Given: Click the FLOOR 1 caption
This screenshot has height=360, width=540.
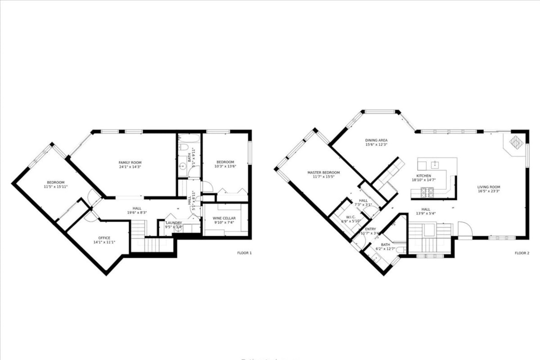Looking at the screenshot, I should pos(244,253).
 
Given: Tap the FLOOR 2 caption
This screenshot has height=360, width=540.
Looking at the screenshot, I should pos(522,253).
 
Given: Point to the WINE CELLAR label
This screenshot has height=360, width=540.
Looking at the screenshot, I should pos(224,218).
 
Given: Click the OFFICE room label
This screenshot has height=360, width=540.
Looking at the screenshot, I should pos(104,238).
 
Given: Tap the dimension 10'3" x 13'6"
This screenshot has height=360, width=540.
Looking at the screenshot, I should pos(225,166).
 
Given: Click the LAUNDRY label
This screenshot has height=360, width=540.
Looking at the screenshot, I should pos(174,223).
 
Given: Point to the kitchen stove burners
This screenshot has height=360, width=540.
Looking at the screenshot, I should pos(426,193).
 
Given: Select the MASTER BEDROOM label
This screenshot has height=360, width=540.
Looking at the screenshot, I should pos(324,173).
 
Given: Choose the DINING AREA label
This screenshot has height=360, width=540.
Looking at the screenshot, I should pos(376,140).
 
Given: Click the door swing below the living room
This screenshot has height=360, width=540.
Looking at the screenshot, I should pos(464,229).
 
